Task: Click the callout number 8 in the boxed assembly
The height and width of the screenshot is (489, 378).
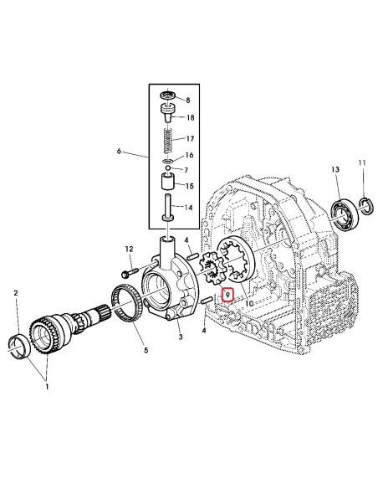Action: point(188,99)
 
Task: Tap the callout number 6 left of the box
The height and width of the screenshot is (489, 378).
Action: point(120,152)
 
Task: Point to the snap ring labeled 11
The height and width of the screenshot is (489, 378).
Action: point(365,202)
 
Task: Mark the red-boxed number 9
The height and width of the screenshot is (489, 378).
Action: point(227,295)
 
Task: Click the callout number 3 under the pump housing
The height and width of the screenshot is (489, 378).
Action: point(178,337)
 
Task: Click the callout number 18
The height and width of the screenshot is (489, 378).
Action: point(190,119)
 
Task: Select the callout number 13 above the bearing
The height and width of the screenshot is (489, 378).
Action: point(335,170)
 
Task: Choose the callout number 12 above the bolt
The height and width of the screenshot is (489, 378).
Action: point(130,249)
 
